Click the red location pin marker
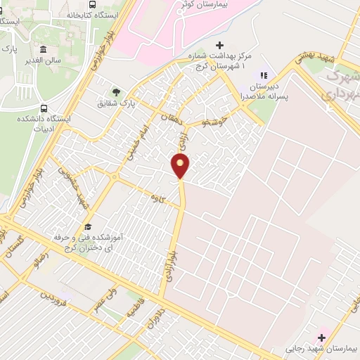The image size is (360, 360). (181, 166)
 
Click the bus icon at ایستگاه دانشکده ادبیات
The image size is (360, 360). (44, 109)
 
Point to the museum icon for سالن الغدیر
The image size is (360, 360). (44, 49)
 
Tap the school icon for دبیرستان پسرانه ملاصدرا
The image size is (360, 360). (264, 75)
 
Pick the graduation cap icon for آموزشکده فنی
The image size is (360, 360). (89, 226)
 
